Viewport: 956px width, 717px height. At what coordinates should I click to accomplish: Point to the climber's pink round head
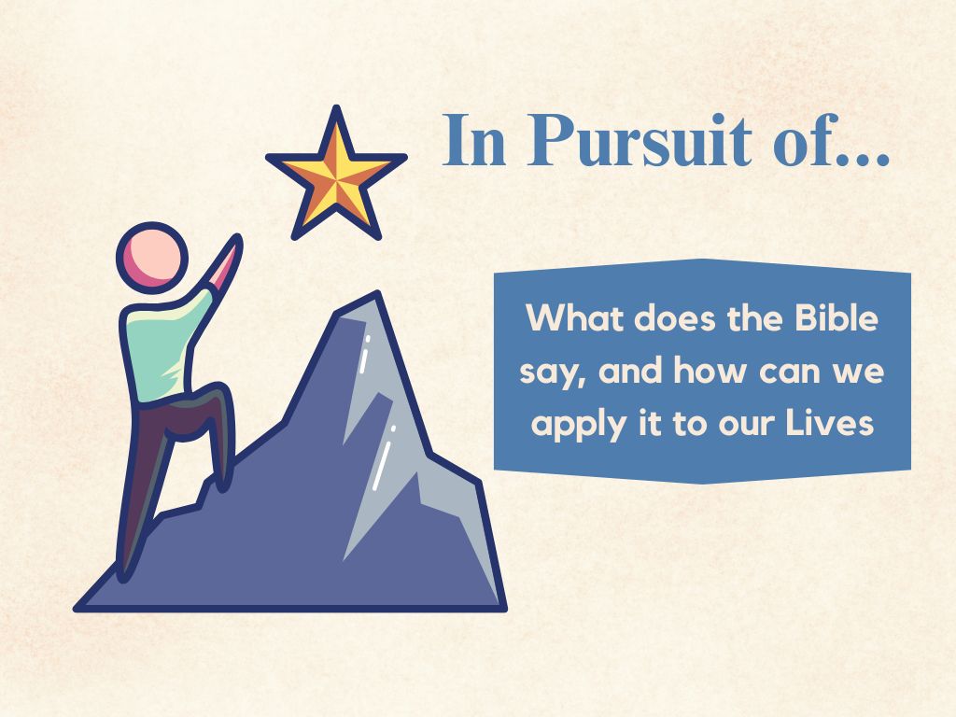tap(152, 254)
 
